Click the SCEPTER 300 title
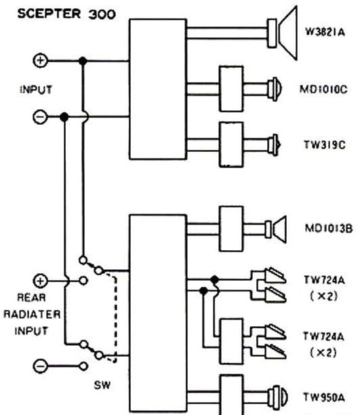[x=66, y=14]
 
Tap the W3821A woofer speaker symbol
[x=282, y=33]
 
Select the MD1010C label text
[x=323, y=90]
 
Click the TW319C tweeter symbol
[x=274, y=144]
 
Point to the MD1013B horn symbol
[x=276, y=229]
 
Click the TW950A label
[x=324, y=397]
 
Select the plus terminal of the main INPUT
[x=40, y=60]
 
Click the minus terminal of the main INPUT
[x=40, y=117]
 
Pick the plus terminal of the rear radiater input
[x=40, y=281]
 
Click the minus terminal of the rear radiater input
[x=40, y=366]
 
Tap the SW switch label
[x=102, y=385]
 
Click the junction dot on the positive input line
[x=83, y=60]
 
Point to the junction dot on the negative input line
[x=64, y=117]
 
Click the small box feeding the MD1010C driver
[x=231, y=89]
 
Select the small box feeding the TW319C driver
[x=231, y=144]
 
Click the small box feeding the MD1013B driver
[x=231, y=229]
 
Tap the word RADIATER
[x=32, y=314]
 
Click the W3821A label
[x=325, y=33]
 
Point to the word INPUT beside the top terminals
[x=36, y=90]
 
